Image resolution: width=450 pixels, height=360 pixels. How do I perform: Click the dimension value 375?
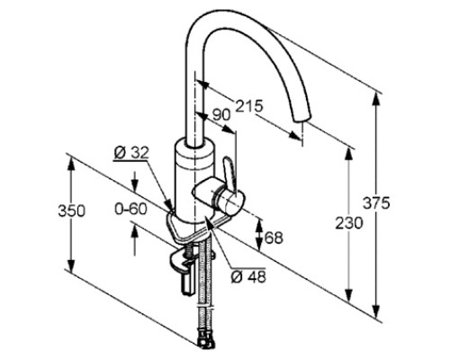376,203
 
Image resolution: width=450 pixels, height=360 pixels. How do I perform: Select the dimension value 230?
349,223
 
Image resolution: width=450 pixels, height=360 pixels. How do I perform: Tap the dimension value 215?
248,106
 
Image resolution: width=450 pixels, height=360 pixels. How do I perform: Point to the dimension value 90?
221,115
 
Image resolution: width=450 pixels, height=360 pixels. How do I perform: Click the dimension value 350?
71,211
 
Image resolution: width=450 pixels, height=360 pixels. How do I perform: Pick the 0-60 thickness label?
131,209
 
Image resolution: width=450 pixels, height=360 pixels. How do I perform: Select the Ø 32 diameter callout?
131,153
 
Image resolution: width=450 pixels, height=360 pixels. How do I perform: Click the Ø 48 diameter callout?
248,276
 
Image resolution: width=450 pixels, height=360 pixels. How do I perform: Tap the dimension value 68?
274,238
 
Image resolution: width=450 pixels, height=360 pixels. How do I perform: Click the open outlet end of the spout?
300,118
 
